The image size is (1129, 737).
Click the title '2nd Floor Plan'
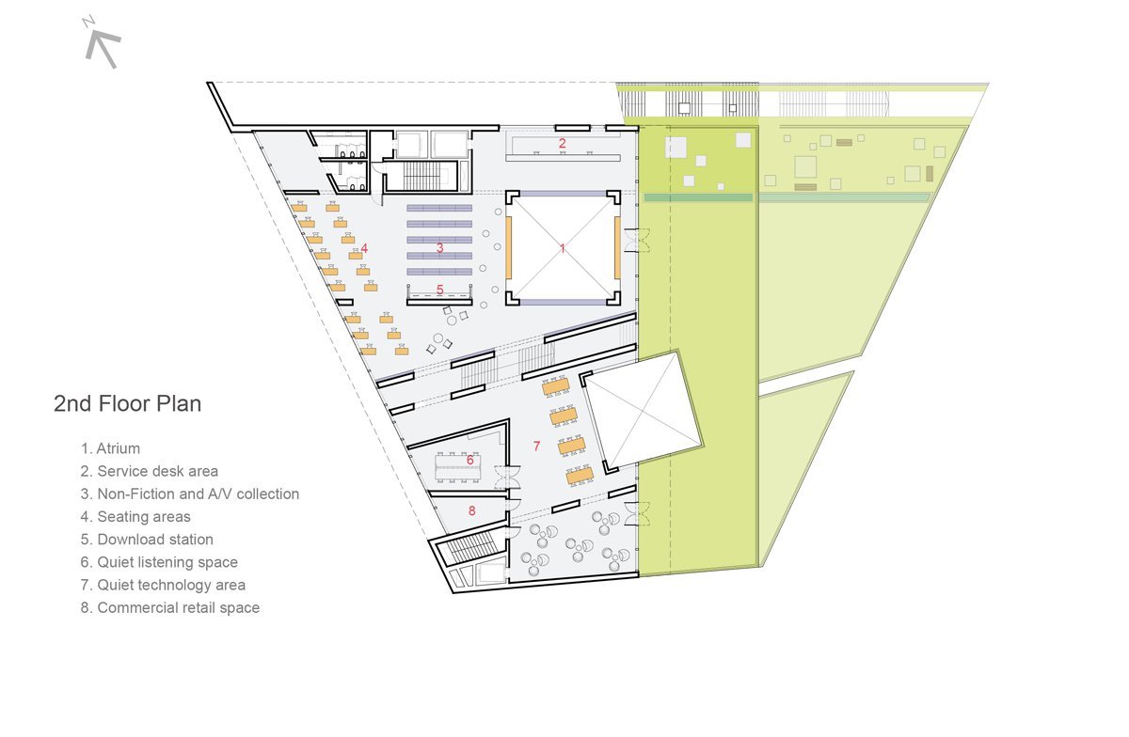[127, 404]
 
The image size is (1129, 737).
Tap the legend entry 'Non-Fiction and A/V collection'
[189, 494]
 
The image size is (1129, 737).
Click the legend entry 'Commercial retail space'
[169, 607]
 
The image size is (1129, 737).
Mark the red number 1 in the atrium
[562, 248]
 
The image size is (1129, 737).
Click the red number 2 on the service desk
[562, 144]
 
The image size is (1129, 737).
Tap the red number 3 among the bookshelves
[439, 248]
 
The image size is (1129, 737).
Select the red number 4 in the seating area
[364, 248]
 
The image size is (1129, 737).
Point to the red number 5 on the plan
[439, 290]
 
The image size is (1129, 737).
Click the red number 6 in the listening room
[469, 460]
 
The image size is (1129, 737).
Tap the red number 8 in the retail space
[471, 510]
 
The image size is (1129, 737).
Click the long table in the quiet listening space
[456, 465]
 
